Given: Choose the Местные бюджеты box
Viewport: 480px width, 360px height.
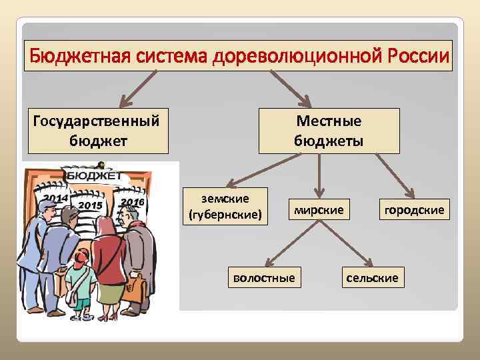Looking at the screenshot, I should click(329, 131).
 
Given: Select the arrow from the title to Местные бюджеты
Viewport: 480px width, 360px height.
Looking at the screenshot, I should click(290, 88).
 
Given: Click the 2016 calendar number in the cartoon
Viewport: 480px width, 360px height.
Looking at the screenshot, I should click(133, 201).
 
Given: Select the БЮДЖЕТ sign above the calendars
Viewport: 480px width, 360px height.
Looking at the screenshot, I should click(94, 175).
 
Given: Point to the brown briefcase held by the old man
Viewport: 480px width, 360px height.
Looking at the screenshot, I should click(136, 287).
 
